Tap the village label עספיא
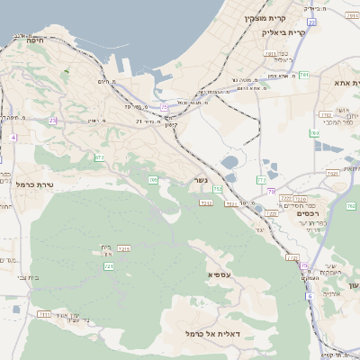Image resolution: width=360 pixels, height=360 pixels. click(x=220, y=274)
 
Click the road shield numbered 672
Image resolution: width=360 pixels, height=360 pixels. click(x=99, y=157)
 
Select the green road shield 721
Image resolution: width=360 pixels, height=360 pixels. click(x=108, y=266)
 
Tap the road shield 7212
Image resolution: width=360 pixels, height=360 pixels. click(x=125, y=248)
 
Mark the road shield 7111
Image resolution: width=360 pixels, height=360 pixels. click(x=43, y=314)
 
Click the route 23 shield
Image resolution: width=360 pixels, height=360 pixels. click(x=53, y=120)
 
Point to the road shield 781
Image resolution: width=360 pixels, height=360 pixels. click(x=303, y=75)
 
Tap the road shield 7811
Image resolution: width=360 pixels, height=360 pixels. click(x=270, y=54)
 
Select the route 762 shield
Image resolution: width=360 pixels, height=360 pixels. click(x=351, y=206)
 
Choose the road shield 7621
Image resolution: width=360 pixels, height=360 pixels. click(x=332, y=173)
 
